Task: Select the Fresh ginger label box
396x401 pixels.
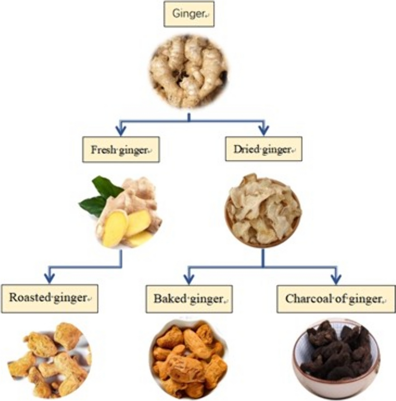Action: point(121,150)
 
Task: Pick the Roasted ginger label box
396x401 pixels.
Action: point(49,298)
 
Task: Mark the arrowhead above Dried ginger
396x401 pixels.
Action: point(264,129)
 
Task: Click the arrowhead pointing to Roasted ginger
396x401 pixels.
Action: point(49,278)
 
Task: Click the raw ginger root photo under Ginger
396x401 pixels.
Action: point(189,71)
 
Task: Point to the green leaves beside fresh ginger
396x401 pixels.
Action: point(100,195)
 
